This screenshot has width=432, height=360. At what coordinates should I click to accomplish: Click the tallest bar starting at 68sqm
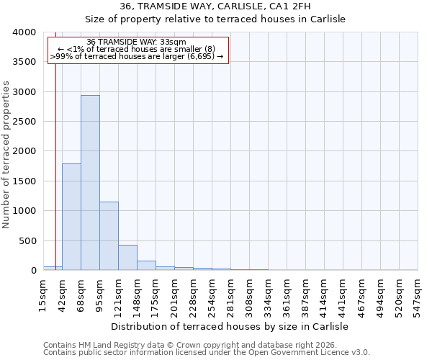[90, 183]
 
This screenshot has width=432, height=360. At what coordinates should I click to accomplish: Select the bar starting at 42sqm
[71, 217]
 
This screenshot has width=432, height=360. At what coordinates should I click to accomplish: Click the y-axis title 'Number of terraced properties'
[6, 155]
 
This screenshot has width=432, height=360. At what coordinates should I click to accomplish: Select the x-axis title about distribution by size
[230, 326]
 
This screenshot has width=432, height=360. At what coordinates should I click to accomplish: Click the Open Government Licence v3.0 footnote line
[207, 353]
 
